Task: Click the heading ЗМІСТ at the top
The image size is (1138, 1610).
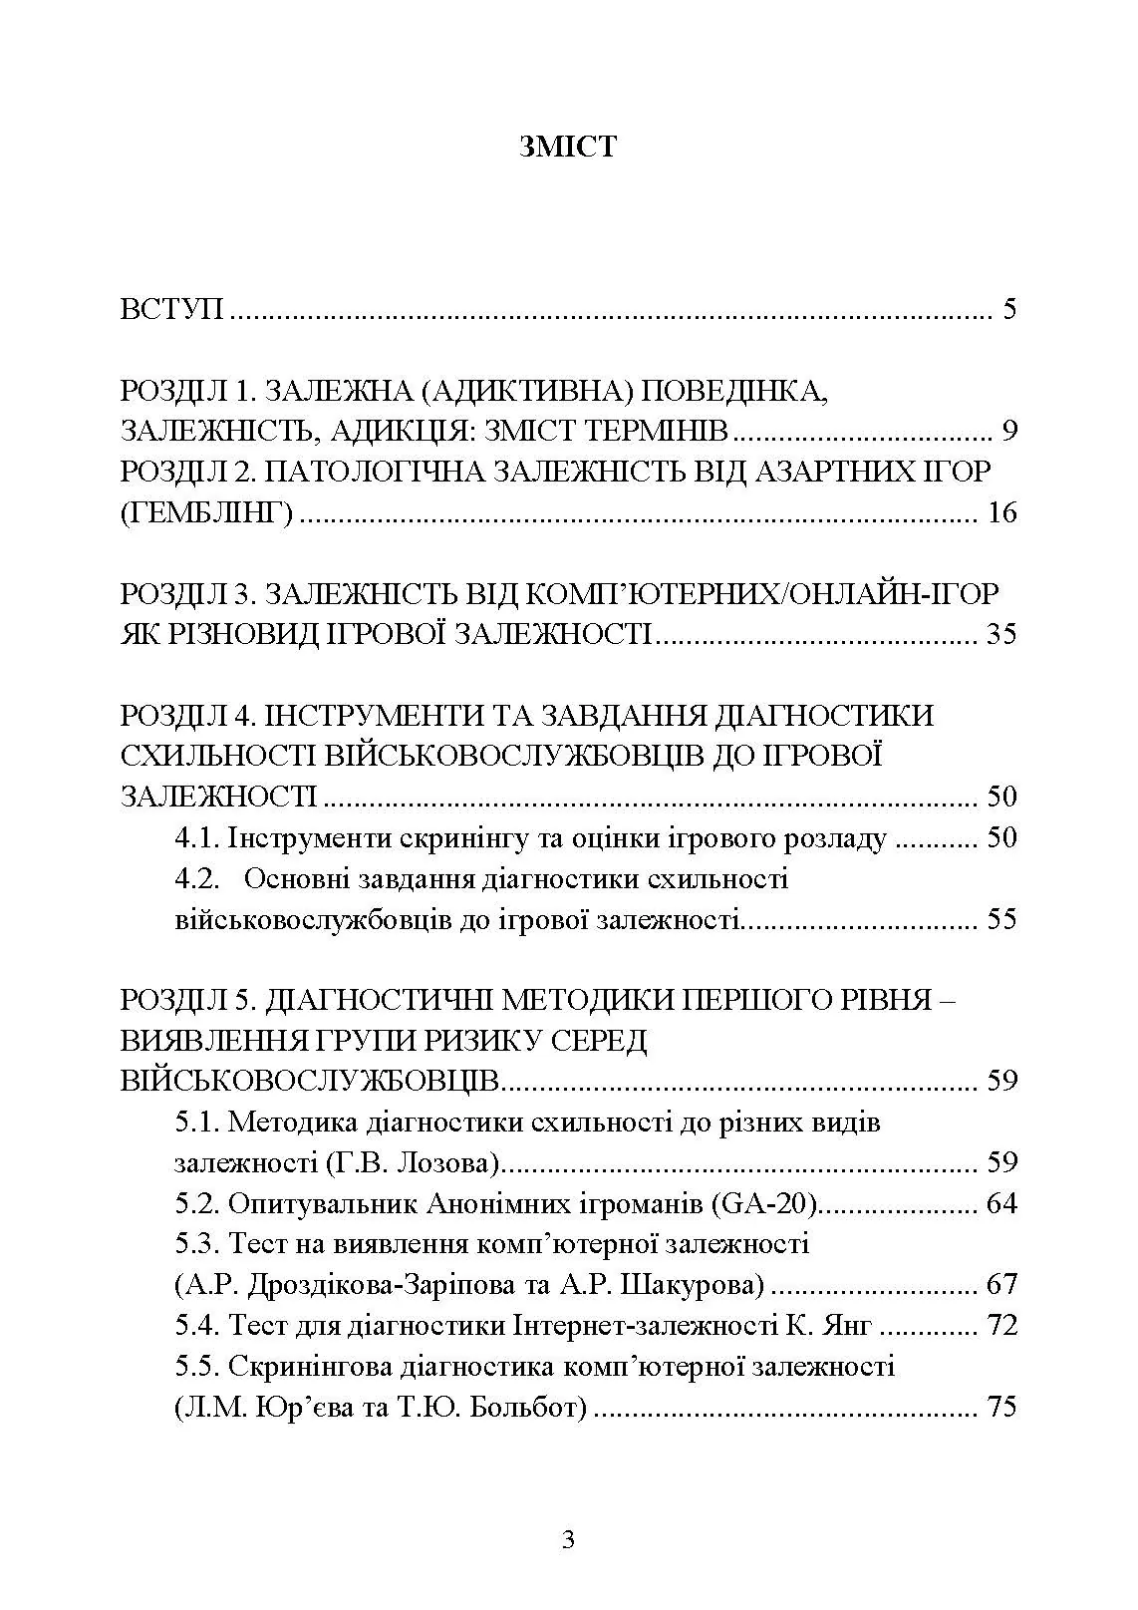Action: coord(568,147)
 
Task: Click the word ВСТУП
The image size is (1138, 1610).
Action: coord(171,308)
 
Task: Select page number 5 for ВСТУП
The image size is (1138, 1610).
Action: coord(1008,308)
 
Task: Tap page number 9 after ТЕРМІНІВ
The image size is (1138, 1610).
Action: coord(1008,431)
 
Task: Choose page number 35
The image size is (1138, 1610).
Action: coord(999,634)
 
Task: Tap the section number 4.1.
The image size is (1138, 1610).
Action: coord(196,837)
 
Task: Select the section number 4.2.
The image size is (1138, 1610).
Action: coord(196,878)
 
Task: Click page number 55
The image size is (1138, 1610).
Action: coord(999,918)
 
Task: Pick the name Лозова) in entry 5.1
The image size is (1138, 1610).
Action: coord(453,1162)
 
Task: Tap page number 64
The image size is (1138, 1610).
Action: coord(999,1203)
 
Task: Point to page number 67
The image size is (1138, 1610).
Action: coord(999,1285)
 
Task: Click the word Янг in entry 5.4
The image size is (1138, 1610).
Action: coord(849,1326)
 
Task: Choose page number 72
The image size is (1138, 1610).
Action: coord(999,1326)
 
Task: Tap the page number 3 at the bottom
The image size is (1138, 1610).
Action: coord(568,1541)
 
